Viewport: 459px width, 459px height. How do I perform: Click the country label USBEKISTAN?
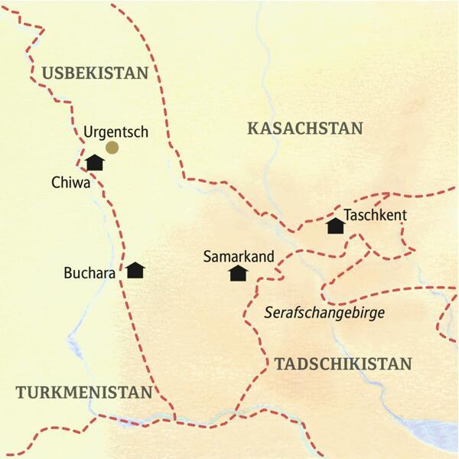point(94,73)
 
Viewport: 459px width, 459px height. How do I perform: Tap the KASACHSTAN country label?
point(304,129)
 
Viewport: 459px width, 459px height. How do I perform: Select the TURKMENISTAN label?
point(84,392)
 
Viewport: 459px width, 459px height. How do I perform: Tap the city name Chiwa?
point(72,184)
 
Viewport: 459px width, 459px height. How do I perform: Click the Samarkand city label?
point(239,257)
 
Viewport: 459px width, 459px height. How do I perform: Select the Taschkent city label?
point(375,216)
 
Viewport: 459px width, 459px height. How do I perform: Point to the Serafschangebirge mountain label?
point(324,313)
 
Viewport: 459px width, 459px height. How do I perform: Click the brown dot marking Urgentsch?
point(112,148)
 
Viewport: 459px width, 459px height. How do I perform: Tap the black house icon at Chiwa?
point(95,162)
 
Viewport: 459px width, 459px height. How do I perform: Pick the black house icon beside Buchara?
point(135,270)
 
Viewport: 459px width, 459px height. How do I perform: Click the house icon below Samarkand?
point(239,273)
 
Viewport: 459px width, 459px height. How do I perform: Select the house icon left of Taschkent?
point(334,226)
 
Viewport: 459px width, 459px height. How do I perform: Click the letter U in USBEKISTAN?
point(48,73)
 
